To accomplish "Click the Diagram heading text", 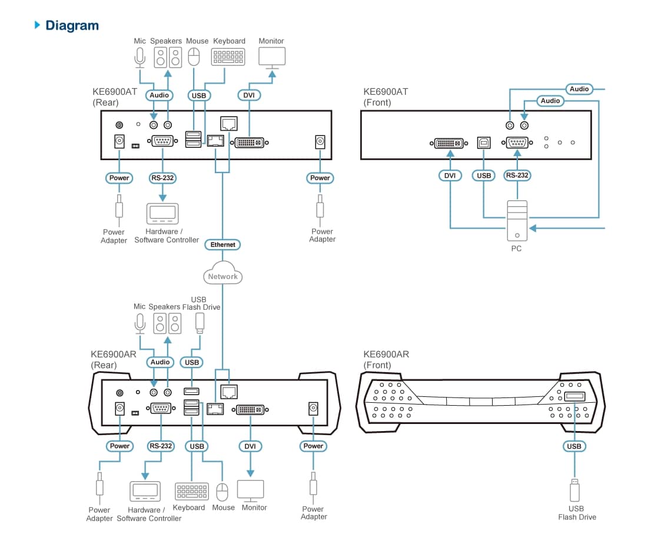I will click(x=72, y=25).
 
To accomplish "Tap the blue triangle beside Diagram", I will click(x=38, y=25).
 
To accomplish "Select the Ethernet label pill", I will click(x=223, y=244).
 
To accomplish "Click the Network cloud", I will click(x=223, y=275).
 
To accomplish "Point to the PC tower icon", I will click(x=517, y=220).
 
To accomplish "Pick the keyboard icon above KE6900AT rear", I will click(x=228, y=57).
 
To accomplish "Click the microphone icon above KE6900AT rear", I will click(x=139, y=57).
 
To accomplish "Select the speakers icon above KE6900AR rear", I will click(x=168, y=323).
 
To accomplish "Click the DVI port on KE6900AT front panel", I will click(x=449, y=143).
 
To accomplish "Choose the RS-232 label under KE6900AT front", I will click(x=517, y=175).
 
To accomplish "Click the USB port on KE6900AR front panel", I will click(x=574, y=396).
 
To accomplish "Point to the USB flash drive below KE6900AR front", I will click(x=574, y=490).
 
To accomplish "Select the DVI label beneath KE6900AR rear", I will click(x=250, y=446).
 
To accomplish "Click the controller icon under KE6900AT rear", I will click(x=162, y=213).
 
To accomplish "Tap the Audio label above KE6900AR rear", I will click(x=160, y=362).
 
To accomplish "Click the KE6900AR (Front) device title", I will click(x=386, y=360).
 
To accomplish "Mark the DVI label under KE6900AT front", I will click(x=450, y=175).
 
